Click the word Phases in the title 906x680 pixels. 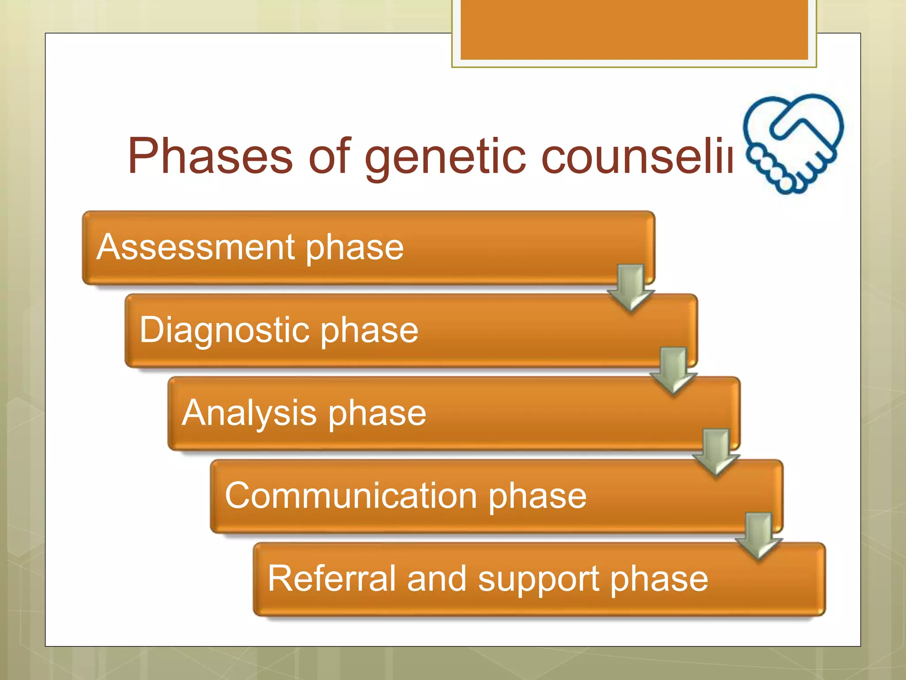pyautogui.click(x=210, y=156)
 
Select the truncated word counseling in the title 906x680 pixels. pyautogui.click(x=637, y=156)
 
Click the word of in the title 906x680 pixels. pyautogui.click(x=329, y=156)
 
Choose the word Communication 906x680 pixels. pyautogui.click(x=351, y=495)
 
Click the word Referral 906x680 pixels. pyautogui.click(x=331, y=578)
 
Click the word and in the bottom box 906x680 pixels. pyautogui.click(x=437, y=578)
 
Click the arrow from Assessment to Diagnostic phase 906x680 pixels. pyautogui.click(x=631, y=288)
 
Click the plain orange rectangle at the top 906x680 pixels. pyautogui.click(x=634, y=29)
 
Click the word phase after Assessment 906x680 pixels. pyautogui.click(x=354, y=248)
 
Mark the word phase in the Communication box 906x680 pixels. pyautogui.click(x=537, y=496)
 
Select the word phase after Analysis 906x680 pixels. pyautogui.click(x=377, y=413)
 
